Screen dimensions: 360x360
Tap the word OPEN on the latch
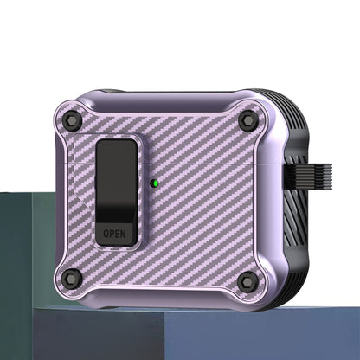pyautogui.click(x=114, y=233)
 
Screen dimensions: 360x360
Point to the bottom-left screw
pyautogui.click(x=72, y=278)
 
